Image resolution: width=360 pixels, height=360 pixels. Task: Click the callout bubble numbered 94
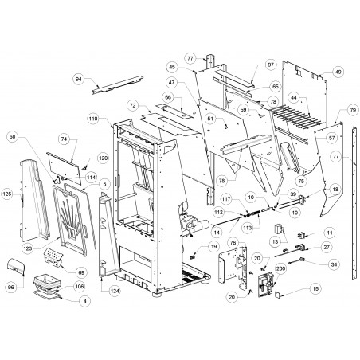tap(79, 79)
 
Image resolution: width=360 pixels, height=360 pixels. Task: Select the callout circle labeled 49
tap(338, 72)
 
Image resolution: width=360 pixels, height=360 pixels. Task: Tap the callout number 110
tap(93, 119)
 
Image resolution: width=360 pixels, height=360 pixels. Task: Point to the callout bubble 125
tap(7, 194)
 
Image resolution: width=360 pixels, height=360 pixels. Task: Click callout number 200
tap(280, 268)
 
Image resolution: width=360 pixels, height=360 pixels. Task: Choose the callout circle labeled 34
tap(334, 264)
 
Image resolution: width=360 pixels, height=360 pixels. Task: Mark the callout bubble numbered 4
tap(84, 301)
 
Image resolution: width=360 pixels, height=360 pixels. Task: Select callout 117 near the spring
tap(226, 199)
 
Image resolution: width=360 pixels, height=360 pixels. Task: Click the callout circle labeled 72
tap(133, 106)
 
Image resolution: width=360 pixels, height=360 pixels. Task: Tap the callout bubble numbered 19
tap(213, 247)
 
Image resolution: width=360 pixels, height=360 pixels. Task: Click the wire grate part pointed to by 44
tap(297, 117)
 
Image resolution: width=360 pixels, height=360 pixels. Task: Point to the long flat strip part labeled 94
tap(117, 85)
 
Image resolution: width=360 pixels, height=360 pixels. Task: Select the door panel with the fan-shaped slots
tap(70, 221)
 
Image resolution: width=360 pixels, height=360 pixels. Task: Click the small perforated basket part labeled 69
tap(53, 257)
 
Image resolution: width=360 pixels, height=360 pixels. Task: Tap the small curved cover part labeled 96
tap(16, 267)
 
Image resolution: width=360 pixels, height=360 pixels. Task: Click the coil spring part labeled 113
tap(258, 213)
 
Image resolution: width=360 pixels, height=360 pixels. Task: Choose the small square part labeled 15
tap(278, 294)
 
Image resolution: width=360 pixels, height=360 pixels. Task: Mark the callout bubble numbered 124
tap(115, 291)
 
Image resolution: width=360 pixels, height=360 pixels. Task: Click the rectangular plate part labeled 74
tap(65, 168)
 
